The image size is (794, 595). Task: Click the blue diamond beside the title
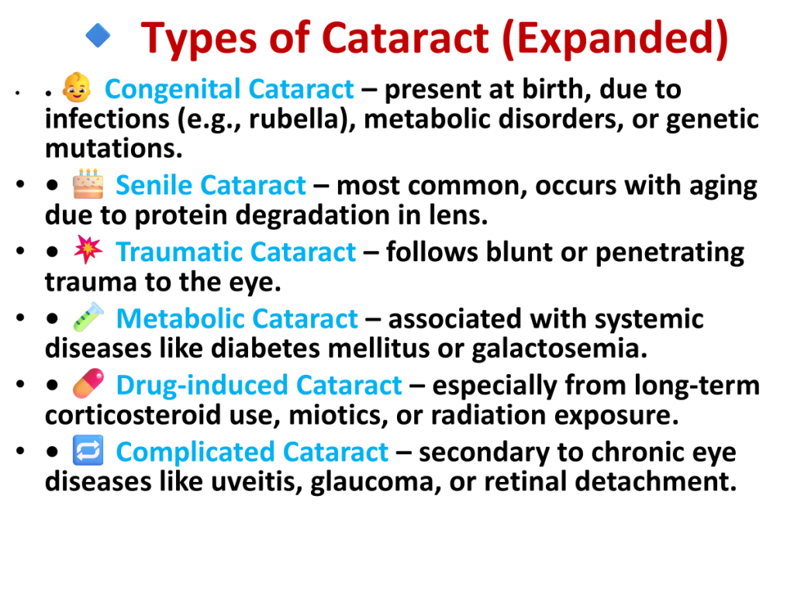(98, 36)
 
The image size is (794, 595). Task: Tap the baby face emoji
(77, 88)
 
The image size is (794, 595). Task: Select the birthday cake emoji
(88, 184)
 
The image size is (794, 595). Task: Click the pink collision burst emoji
(88, 249)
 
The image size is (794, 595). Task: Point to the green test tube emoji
(88, 317)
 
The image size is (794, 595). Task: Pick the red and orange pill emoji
(88, 383)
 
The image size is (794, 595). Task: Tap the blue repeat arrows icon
(88, 450)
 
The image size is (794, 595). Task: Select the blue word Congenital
(172, 90)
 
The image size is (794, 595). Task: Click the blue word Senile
(154, 185)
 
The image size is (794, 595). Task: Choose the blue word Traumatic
(179, 252)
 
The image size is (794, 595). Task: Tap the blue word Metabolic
(180, 318)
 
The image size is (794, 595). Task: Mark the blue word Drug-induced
(202, 387)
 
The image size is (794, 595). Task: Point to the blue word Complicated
(195, 452)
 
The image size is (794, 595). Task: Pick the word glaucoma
(371, 483)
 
